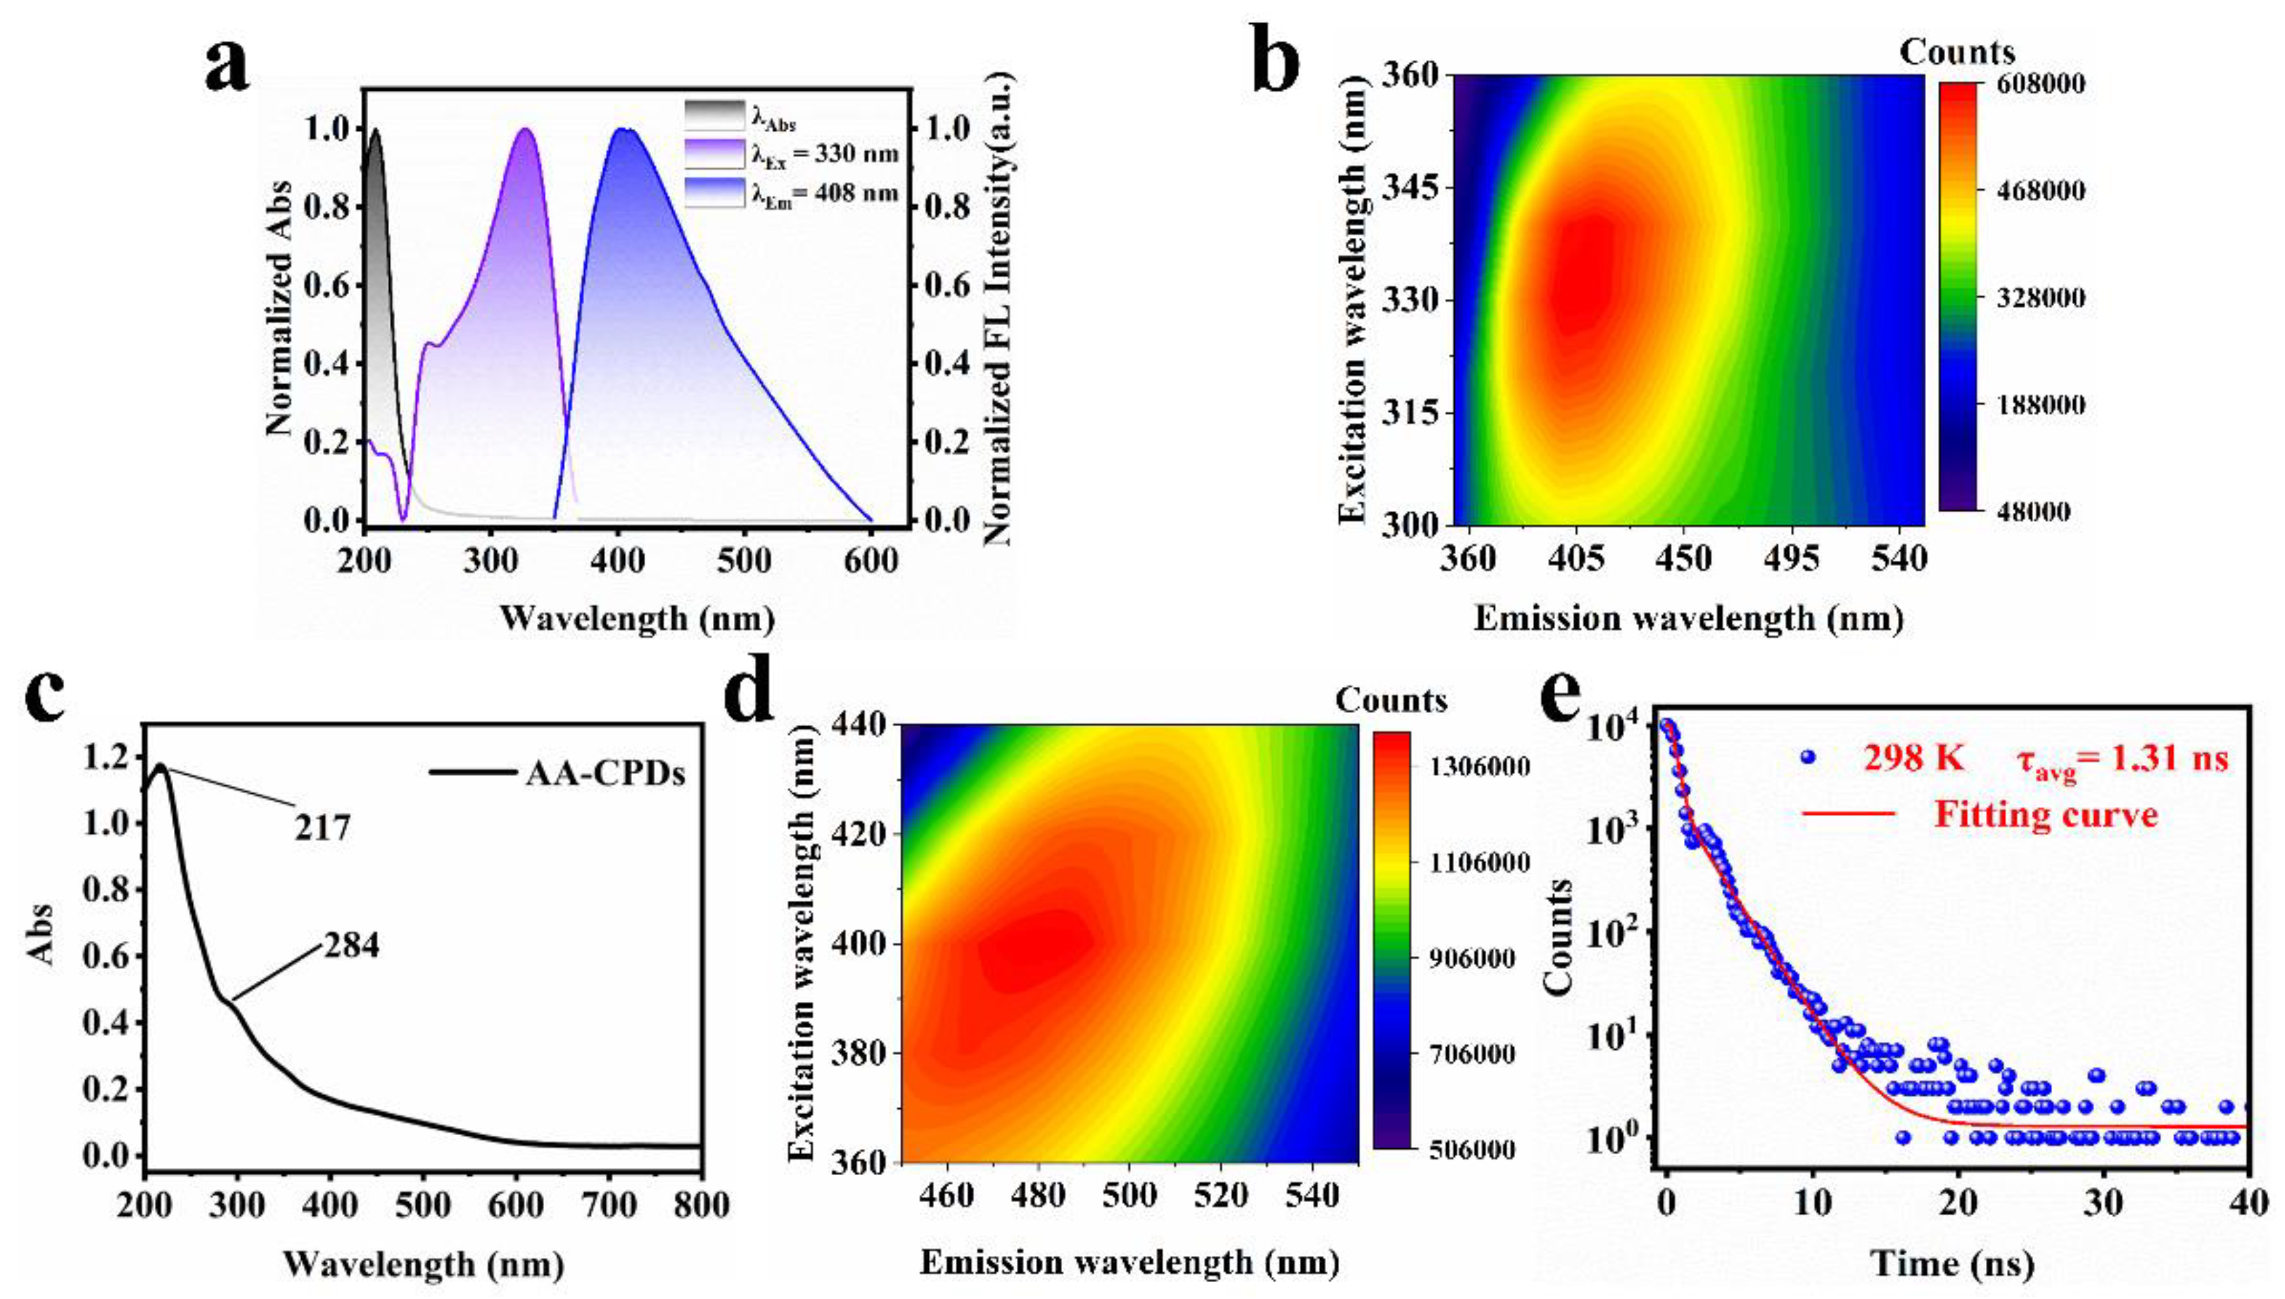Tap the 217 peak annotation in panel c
(322, 828)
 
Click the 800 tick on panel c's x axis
(700, 1205)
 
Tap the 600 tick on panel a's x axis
(871, 560)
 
